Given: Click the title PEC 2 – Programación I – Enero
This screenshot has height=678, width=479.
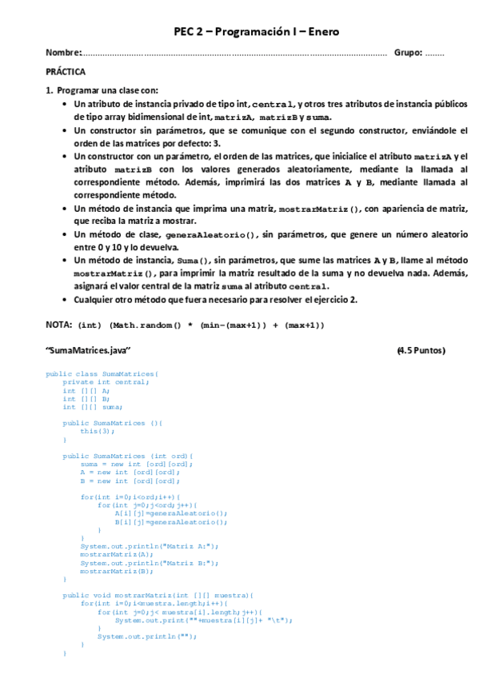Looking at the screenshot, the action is click(257, 32).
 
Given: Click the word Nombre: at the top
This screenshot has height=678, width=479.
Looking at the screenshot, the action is click(64, 53).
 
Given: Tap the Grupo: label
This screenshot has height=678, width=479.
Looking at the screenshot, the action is click(408, 53).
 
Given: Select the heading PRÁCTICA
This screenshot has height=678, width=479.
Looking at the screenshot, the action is click(66, 72).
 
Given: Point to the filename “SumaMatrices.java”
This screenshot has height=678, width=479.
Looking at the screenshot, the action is click(88, 351).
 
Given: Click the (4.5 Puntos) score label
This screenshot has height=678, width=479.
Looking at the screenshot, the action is click(421, 351).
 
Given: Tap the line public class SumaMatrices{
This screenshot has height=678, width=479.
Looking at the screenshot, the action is click(102, 373).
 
